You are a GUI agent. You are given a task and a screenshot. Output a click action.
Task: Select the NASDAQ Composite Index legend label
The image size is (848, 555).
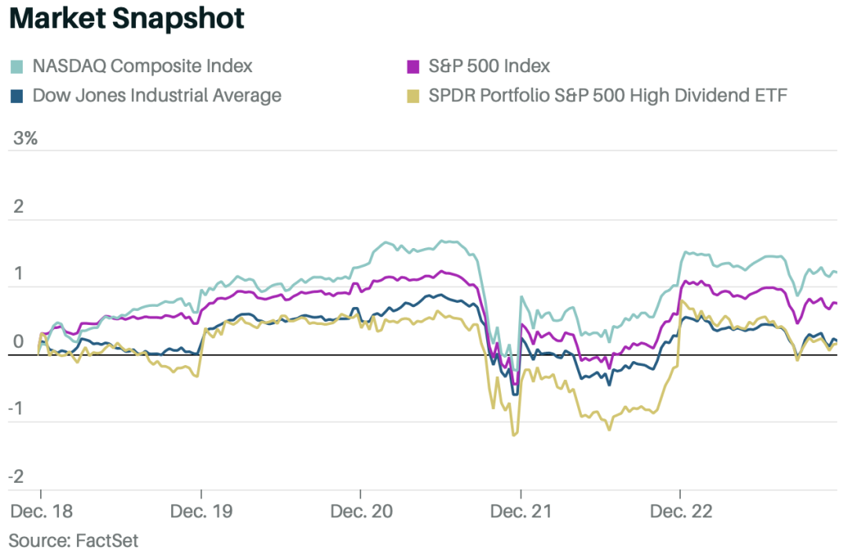click(143, 66)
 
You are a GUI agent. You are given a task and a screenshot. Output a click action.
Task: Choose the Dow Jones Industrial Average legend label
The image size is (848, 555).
click(157, 97)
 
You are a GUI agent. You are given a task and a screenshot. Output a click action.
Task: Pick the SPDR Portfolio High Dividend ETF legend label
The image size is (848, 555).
click(608, 97)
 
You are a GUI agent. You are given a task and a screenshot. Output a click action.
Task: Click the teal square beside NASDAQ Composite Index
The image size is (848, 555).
click(16, 66)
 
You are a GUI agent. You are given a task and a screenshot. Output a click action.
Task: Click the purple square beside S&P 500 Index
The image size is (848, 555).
click(411, 66)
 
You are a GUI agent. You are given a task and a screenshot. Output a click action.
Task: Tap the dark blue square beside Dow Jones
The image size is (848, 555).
click(16, 97)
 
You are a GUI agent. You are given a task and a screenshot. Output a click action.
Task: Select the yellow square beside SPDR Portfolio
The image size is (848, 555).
click(411, 97)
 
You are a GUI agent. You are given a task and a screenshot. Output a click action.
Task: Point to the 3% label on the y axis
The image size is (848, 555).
click(26, 139)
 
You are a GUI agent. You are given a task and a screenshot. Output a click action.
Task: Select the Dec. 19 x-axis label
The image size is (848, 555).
click(201, 511)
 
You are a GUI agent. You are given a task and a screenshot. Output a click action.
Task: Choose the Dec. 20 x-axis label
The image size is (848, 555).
click(361, 511)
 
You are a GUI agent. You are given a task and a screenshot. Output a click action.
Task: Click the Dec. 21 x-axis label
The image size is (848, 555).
click(521, 511)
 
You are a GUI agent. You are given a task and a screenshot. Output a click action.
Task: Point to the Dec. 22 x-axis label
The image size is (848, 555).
click(681, 511)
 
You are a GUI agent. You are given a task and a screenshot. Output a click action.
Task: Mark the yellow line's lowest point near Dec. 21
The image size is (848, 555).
click(515, 434)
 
